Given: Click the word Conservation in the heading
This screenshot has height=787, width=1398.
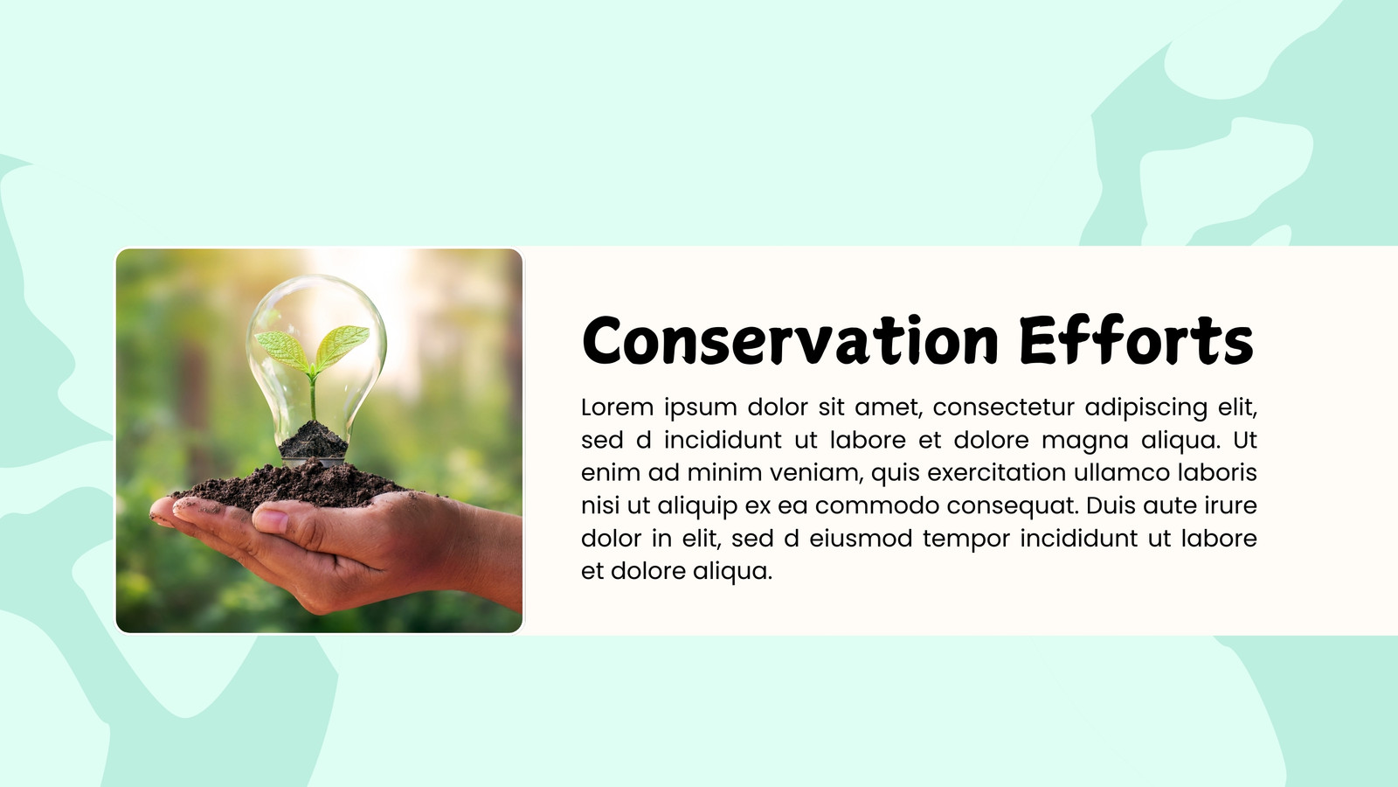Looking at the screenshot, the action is tap(790, 340).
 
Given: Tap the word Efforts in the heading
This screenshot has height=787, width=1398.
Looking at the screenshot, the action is tap(1137, 340).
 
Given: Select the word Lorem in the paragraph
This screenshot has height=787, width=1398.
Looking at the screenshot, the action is tap(617, 407).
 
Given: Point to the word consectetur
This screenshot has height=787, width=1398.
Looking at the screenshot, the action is tap(1004, 407).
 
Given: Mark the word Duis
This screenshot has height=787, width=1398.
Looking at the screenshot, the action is tap(1111, 505).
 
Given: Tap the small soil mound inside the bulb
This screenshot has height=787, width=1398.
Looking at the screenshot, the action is tap(313, 440).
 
